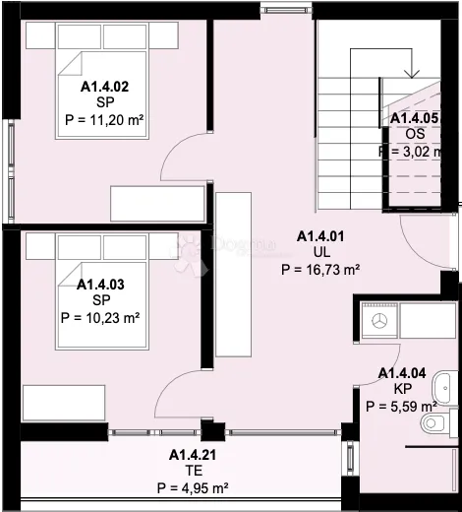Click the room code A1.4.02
(x=104, y=87)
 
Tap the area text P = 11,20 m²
(x=104, y=120)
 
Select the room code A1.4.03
(x=100, y=285)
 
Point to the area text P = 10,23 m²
(x=100, y=318)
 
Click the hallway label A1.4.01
(x=320, y=236)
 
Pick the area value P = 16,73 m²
(x=320, y=270)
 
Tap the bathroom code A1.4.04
(x=402, y=373)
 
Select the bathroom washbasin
(x=445, y=388)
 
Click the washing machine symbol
(x=379, y=320)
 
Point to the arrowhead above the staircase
(x=412, y=74)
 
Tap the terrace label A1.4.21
(x=193, y=455)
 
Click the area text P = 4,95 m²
(x=193, y=488)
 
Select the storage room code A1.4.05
(x=414, y=118)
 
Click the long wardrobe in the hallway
(x=234, y=275)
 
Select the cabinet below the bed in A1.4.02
(x=157, y=204)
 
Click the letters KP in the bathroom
(x=403, y=389)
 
